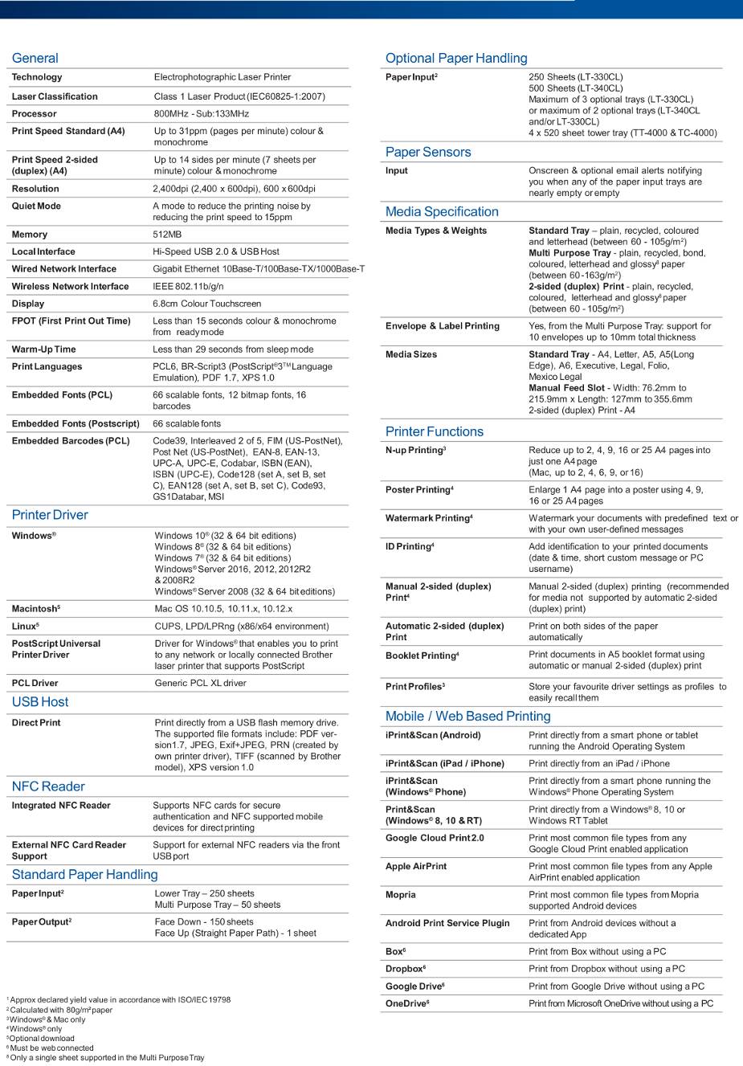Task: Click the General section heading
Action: tap(35, 58)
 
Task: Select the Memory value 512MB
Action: tap(167, 235)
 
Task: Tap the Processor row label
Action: tap(34, 114)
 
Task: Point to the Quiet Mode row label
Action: tap(36, 206)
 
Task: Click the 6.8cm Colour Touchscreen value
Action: tap(206, 304)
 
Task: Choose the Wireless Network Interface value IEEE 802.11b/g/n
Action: tap(188, 286)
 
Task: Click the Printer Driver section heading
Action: tap(50, 515)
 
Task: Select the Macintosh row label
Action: tap(35, 609)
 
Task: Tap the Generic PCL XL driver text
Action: tap(200, 683)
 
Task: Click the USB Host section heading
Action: tap(40, 702)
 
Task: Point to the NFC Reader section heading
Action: tap(48, 786)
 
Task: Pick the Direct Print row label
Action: tap(36, 723)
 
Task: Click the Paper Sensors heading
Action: tap(428, 152)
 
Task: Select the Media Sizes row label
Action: tap(411, 354)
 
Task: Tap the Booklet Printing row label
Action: tap(422, 656)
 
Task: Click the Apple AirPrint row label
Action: tap(416, 866)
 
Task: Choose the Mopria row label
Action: tap(401, 895)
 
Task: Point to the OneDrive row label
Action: tap(406, 1003)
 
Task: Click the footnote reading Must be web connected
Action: tap(51, 1048)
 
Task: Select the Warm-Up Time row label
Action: tap(43, 349)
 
